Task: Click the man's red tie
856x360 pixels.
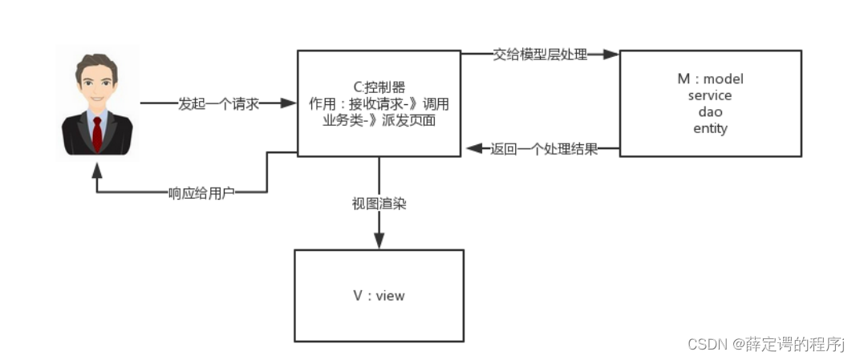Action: coord(97,134)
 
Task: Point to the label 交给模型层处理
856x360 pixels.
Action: coord(540,55)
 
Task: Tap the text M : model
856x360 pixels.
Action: coord(710,79)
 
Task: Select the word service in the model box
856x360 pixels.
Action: coord(710,95)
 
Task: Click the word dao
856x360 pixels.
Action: coord(710,112)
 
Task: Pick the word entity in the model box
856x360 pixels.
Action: coord(710,128)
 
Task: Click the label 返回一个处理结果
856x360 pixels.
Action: coord(544,149)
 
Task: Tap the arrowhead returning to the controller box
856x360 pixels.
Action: coord(474,149)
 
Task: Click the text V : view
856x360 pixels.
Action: coord(379,296)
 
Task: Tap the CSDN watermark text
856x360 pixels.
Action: coord(766,344)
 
